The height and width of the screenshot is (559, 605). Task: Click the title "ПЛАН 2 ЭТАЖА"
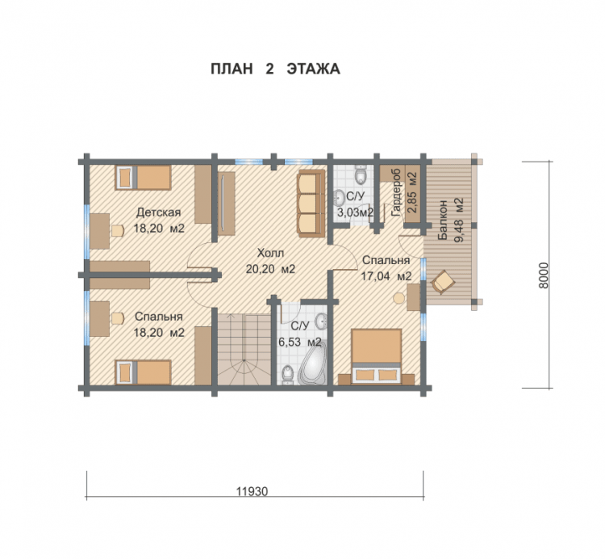tap(275, 69)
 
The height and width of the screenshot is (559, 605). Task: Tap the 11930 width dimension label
tap(252, 491)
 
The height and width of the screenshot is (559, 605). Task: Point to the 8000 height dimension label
tap(543, 275)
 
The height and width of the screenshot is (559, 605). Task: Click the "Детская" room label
tap(159, 212)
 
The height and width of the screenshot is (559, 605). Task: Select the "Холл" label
tap(270, 253)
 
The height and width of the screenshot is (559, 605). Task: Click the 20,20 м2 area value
tap(270, 269)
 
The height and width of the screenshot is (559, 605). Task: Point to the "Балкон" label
tap(442, 220)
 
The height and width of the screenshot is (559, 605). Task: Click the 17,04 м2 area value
tap(386, 276)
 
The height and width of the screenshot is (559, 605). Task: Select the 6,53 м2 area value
tap(300, 342)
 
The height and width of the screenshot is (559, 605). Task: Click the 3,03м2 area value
tap(356, 212)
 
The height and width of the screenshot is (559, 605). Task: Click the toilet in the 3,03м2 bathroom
tap(361, 174)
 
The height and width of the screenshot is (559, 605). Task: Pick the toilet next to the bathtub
tap(287, 375)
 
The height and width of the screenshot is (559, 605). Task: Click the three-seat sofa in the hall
tap(311, 204)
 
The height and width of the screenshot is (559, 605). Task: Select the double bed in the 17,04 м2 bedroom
tap(377, 356)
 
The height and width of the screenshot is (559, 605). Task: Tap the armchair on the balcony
tap(443, 282)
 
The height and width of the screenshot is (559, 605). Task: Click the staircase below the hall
tap(244, 349)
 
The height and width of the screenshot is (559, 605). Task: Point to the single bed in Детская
tap(143, 178)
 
